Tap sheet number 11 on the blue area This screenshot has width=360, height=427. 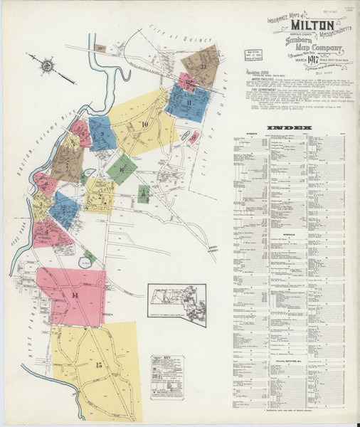(189, 104)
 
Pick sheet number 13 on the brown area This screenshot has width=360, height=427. (203, 67)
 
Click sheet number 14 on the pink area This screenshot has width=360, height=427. (74, 295)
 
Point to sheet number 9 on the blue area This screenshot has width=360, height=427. (102, 134)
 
